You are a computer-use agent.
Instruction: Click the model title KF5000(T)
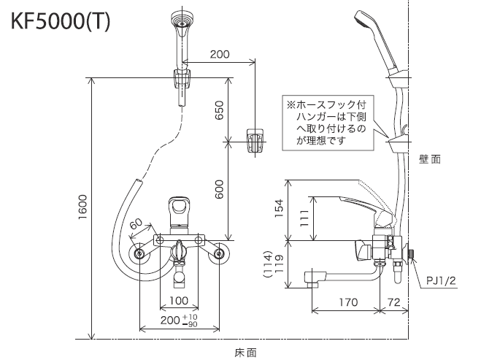point(61,22)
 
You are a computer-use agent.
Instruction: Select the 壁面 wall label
point(430,158)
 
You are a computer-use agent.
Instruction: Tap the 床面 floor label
point(245,352)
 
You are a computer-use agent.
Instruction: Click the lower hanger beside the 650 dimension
point(253,142)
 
